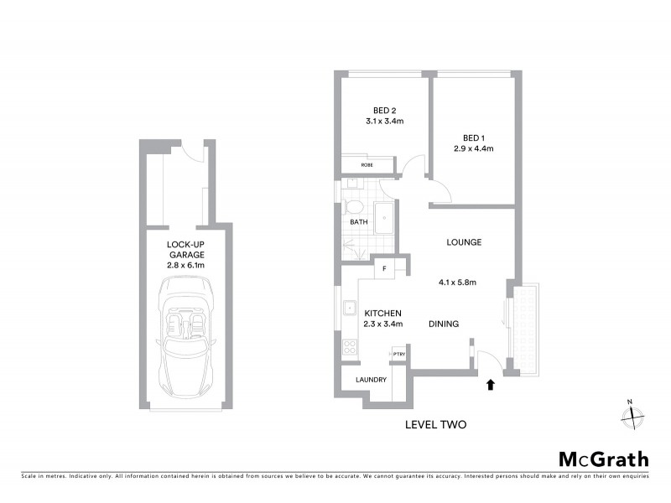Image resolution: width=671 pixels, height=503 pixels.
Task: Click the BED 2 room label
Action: click(385, 110)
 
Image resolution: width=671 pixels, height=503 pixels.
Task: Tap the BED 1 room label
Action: click(474, 138)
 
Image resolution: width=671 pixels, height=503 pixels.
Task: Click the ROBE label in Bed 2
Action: click(367, 165)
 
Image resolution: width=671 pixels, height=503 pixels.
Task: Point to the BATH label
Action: click(359, 223)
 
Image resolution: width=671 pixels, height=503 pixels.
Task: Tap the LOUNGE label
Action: click(463, 242)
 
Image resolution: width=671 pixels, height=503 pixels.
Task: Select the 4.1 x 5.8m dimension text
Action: click(457, 283)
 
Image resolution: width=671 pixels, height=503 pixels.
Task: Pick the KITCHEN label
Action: click(383, 313)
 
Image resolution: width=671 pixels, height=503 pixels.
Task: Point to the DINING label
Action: click(444, 324)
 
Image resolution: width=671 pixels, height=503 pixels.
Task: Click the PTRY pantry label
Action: click(398, 355)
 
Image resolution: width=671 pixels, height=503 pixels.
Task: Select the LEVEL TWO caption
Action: click(435, 425)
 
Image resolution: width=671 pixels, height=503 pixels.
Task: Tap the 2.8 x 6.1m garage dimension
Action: click(186, 265)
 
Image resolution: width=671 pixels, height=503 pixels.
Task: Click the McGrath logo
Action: click(603, 459)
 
